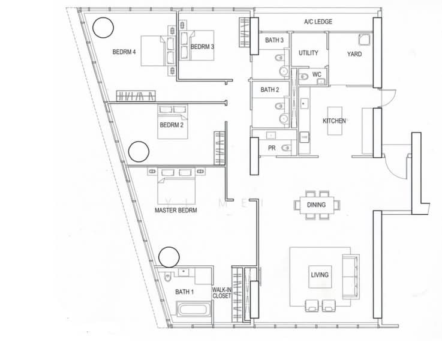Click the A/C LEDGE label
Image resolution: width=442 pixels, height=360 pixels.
point(318,22)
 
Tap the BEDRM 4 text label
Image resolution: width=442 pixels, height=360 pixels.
point(124,52)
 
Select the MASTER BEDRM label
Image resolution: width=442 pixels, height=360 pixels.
point(176,211)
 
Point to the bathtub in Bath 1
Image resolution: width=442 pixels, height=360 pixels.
point(194,308)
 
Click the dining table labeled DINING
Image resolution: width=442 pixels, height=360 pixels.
point(317,205)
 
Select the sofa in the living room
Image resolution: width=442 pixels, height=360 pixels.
point(351,276)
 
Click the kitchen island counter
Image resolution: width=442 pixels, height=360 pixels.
point(335,121)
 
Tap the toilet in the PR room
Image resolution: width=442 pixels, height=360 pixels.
point(286,148)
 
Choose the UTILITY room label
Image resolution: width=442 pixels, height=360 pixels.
point(308,53)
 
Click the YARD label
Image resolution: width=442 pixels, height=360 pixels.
point(354,54)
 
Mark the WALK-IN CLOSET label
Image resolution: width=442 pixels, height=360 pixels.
point(222,293)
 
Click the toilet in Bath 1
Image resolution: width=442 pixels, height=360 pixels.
point(167,277)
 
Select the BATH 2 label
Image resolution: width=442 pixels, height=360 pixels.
point(270,89)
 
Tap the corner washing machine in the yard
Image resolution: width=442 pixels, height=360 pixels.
point(365,39)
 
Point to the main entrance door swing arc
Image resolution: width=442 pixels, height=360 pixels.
point(395,169)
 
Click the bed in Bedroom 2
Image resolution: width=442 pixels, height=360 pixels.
point(173,122)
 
